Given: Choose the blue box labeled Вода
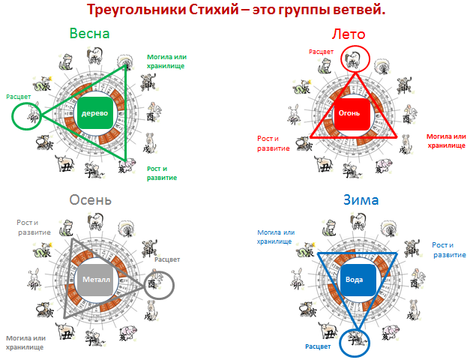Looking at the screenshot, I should [353, 279].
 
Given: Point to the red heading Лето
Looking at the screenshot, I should [348, 34].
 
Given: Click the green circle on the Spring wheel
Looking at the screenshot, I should [26, 117].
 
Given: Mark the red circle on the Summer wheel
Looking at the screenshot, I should [355, 58].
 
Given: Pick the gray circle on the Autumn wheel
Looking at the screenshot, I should [158, 285].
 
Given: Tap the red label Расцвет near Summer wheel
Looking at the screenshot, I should [322, 52].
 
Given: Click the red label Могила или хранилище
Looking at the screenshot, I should [445, 140].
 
